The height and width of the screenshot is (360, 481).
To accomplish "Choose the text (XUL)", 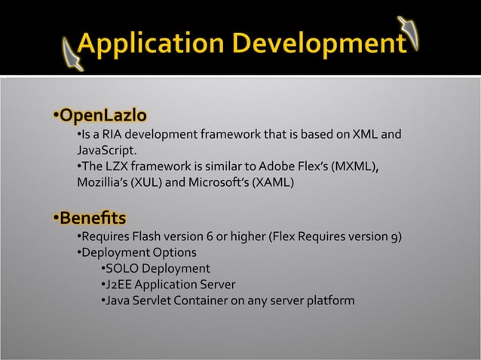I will point(147,182).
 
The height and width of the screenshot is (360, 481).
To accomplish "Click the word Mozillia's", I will point(103,182).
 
